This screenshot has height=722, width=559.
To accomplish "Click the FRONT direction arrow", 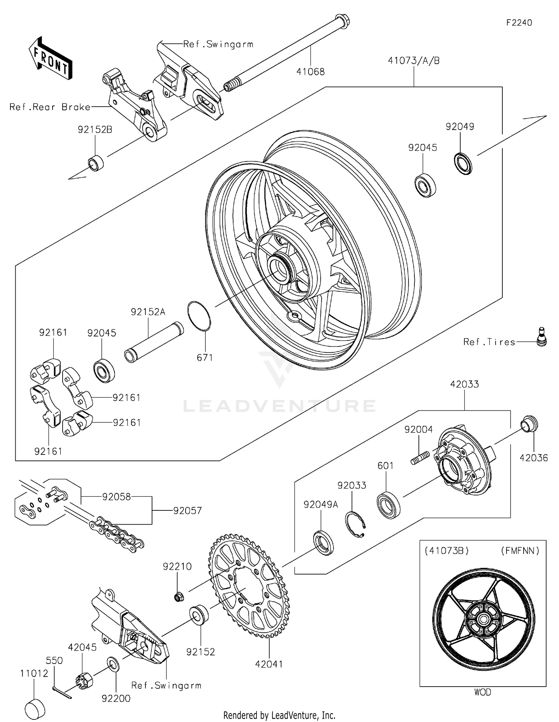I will point(50,58).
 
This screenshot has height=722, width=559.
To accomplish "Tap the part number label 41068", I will point(310,72).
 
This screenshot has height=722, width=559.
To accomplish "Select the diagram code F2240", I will point(519,23).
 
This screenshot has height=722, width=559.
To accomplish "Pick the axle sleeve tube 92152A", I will point(154,342).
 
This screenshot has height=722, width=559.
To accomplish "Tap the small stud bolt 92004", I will point(420,457).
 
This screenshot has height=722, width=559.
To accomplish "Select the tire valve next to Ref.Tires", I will point(541,337).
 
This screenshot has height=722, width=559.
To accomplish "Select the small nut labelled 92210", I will point(179,597).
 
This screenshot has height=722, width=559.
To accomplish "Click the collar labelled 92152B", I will point(96,163).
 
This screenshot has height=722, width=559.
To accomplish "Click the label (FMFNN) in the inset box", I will point(520,551).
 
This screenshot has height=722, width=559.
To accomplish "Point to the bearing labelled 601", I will point(388,505).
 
